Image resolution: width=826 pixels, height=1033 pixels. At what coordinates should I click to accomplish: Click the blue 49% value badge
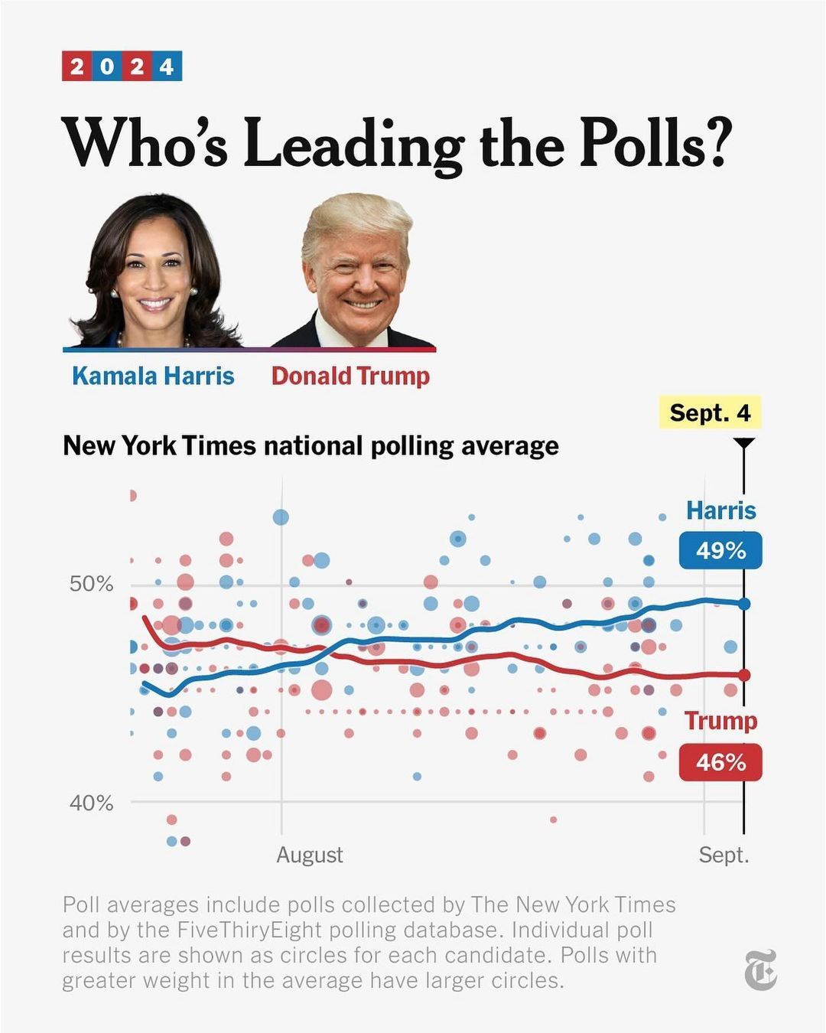(720, 550)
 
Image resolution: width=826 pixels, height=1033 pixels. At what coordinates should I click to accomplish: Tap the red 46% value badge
(720, 762)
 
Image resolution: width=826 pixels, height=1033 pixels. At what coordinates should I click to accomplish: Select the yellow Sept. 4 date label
(710, 413)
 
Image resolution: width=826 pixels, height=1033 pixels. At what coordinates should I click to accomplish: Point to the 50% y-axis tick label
(91, 585)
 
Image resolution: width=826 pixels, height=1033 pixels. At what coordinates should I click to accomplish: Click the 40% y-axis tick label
(91, 803)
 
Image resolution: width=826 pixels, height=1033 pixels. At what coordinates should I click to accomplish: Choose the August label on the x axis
(310, 855)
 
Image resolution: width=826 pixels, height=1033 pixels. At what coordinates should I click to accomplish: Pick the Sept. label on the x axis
(724, 855)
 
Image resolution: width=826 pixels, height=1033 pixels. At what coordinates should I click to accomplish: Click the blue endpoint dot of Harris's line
(744, 604)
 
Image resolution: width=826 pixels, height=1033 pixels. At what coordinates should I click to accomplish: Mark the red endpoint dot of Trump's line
(744, 675)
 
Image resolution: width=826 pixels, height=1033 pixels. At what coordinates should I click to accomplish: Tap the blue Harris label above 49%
(720, 510)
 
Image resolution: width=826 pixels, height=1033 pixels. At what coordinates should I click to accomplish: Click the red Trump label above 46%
(720, 721)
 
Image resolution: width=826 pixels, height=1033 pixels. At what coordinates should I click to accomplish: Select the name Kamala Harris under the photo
(153, 376)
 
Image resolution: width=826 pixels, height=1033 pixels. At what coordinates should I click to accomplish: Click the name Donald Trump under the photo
(350, 376)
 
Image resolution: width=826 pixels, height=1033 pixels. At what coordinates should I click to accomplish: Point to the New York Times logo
(761, 969)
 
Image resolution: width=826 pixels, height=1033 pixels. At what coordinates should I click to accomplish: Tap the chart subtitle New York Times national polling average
(311, 445)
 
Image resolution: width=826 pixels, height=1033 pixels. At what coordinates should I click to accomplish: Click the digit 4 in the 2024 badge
(167, 67)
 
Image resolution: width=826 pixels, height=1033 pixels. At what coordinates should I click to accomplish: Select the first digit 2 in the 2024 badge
(76, 67)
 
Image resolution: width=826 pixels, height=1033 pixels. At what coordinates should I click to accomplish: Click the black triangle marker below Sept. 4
(743, 443)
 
